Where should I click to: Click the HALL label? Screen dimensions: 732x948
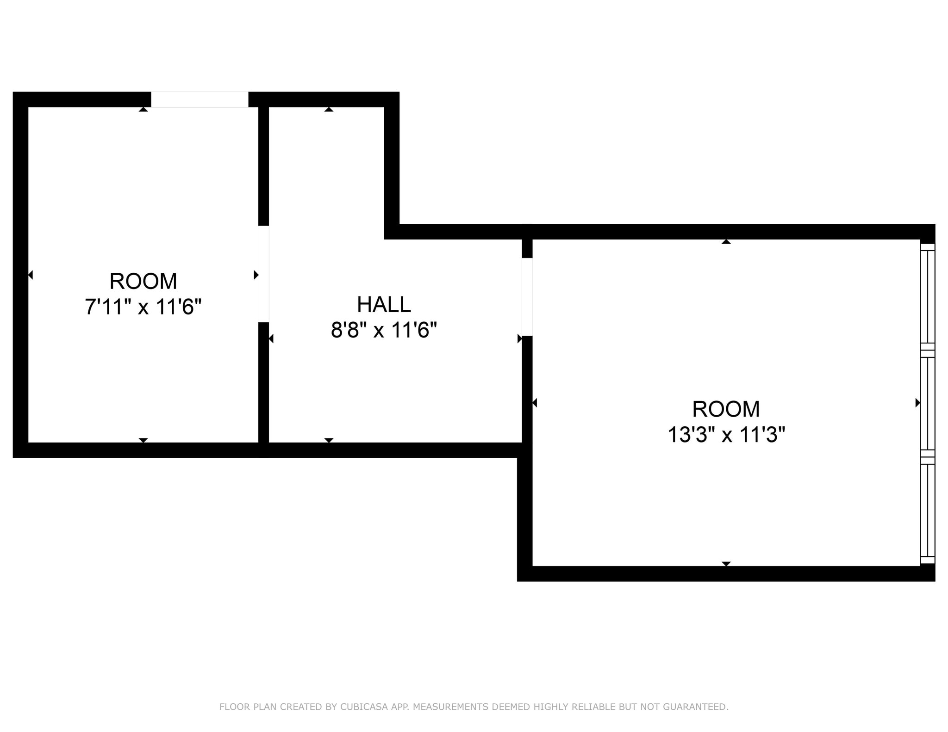pos(384,304)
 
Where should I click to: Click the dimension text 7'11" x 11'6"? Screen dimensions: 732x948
pos(143,307)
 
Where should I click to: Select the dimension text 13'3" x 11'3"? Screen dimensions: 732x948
pos(726,435)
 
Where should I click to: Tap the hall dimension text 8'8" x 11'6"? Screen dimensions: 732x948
pos(384,330)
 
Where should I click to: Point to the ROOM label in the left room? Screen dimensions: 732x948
pos(143,281)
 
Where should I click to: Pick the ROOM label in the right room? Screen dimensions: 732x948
pos(726,409)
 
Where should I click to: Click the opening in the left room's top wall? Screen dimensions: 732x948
pos(200,99)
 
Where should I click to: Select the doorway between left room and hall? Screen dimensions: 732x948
pos(263,274)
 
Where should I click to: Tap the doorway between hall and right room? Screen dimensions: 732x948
pos(527,296)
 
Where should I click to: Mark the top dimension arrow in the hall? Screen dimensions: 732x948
pos(329,110)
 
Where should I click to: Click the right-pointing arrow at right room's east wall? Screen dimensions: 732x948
pos(917,403)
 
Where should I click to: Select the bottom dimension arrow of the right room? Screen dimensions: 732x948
pos(726,564)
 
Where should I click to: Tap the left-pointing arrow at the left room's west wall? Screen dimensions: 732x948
pos(31,275)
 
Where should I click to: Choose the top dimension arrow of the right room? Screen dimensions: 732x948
pos(726,241)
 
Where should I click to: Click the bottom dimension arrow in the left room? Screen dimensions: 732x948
pos(143,440)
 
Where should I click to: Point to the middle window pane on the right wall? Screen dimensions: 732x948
pos(927,404)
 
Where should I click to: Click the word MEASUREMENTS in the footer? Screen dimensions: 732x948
pos(450,707)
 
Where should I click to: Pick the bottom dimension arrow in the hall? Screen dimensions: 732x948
pos(329,440)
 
